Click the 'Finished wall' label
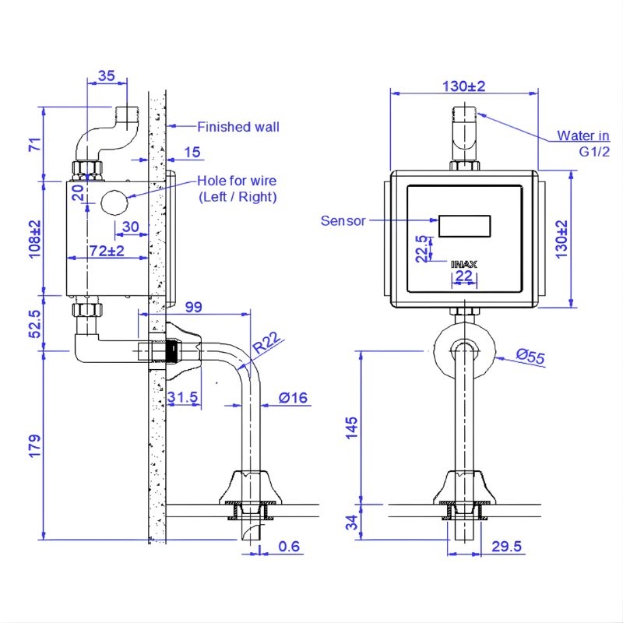coord(238,127)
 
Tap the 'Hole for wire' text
coord(237,181)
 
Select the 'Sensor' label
coord(343,221)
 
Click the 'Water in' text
coord(583,136)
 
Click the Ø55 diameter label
coord(530,356)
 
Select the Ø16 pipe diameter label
coord(293,397)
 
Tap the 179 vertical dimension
coord(35,445)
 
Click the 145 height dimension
coord(352,428)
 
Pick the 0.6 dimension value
coord(289,547)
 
